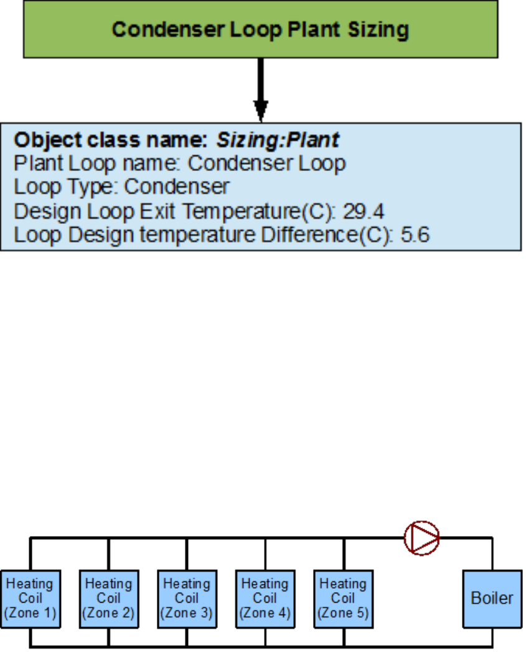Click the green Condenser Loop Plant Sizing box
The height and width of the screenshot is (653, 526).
260,29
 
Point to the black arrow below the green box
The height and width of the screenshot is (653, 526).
261,90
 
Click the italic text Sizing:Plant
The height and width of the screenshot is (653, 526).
278,140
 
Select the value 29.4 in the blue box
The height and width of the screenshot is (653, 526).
364,211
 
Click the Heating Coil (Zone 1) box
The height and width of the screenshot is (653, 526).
30,598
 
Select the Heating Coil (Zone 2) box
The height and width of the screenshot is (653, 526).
108,598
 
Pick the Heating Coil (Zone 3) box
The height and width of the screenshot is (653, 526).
187,598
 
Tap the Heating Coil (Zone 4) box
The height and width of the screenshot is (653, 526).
265,598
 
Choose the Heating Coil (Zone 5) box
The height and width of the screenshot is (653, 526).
343,598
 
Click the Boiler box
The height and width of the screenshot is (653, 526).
492,598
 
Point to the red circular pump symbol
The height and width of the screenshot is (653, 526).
422,537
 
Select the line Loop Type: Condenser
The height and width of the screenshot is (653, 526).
121,187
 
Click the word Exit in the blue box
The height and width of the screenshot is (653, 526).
159,211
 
